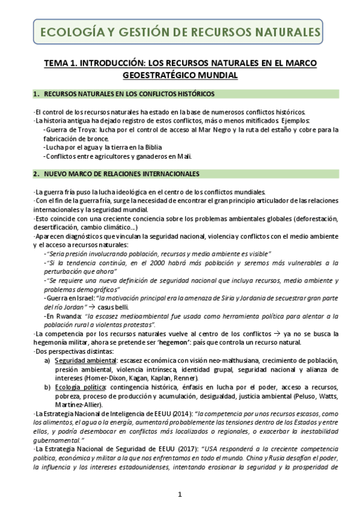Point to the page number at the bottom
point(180,494)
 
